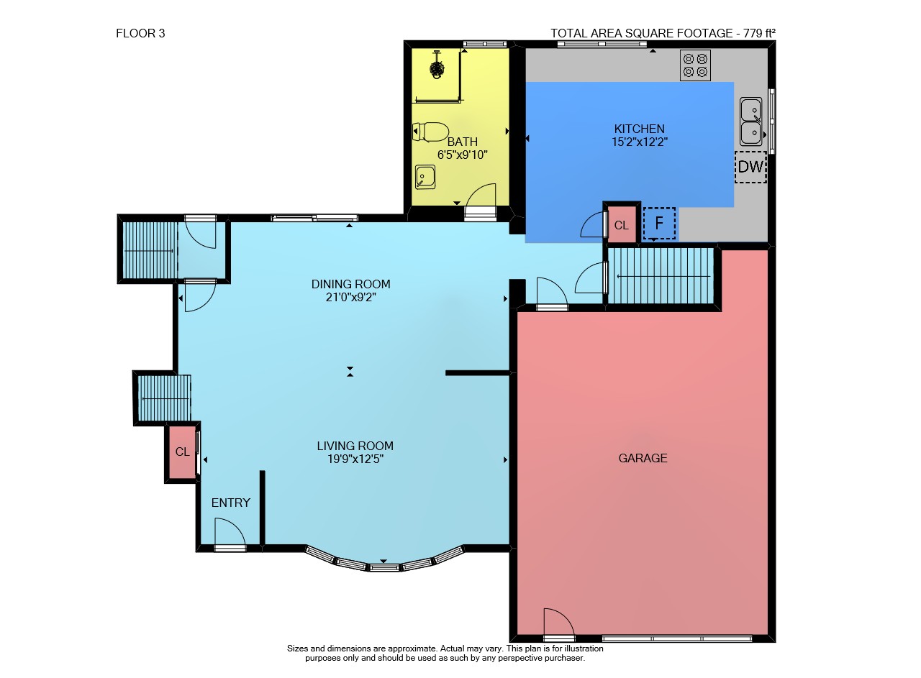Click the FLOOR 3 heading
tap(140, 33)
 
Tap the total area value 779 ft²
tap(759, 33)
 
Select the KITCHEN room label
tap(640, 129)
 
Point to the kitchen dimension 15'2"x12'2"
tap(640, 142)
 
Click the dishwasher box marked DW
tap(750, 167)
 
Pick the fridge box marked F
tap(659, 224)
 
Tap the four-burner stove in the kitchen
tap(695, 65)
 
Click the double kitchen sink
tap(750, 122)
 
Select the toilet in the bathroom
tap(430, 132)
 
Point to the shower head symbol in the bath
tap(437, 68)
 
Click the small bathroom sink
tap(425, 177)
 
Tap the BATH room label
tap(463, 142)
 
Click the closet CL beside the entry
tap(183, 452)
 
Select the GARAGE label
tap(643, 458)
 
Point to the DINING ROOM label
tap(350, 284)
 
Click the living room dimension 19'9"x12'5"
tap(355, 459)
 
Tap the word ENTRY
tap(231, 503)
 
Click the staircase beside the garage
tap(661, 276)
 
